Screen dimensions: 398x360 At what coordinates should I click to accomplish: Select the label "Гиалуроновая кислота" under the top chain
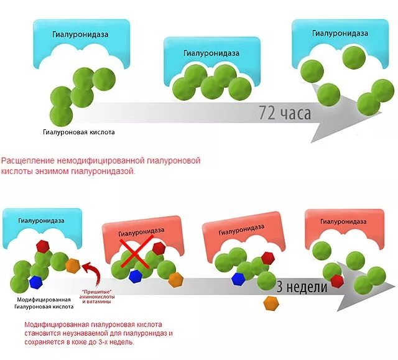(79, 132)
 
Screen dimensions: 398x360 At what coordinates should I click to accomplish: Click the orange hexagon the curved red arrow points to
(73, 264)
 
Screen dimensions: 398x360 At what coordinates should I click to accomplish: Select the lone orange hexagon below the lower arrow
(271, 303)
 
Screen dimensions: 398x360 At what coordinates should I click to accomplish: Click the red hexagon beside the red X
(159, 249)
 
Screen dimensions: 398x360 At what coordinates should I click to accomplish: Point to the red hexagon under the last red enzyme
(337, 281)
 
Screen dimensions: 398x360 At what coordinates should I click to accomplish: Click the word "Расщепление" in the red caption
(26, 160)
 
